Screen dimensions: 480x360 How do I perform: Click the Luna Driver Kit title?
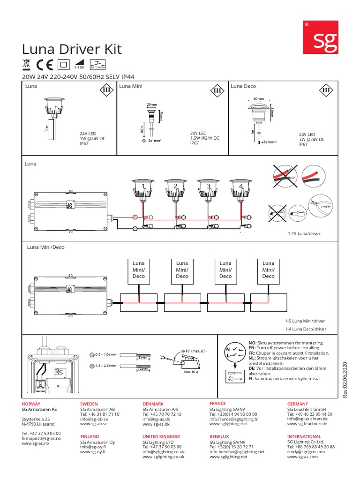coord(72,50)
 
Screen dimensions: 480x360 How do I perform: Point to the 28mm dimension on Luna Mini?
coord(151,104)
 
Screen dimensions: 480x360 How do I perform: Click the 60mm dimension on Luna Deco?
coord(258,99)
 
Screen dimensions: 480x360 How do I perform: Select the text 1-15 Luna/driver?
coord(305,232)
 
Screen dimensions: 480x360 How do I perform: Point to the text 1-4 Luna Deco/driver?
coord(305,329)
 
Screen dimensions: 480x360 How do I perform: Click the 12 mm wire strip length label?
coord(143,369)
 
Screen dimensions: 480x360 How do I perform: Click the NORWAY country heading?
coord(31,404)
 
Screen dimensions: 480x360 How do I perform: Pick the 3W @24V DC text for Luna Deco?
coord(311,140)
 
